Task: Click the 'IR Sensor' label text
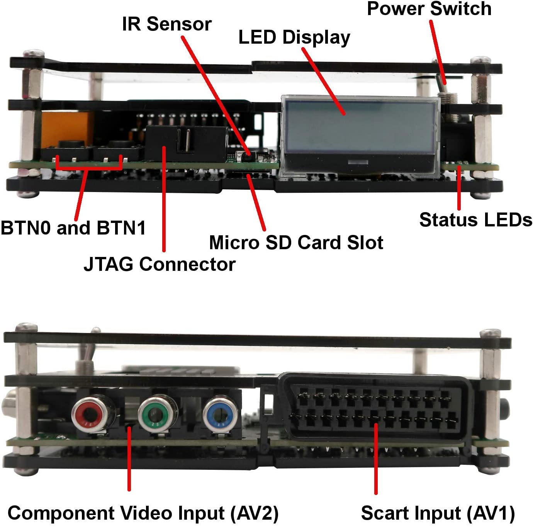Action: (166, 24)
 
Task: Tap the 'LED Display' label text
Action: (294, 37)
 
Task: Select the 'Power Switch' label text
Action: (429, 8)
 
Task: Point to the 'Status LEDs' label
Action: (475, 220)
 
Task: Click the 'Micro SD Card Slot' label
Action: (296, 243)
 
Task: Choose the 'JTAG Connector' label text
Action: (160, 264)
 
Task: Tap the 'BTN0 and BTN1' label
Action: (73, 228)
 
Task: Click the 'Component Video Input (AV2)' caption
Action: (143, 513)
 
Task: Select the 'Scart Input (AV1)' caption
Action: (438, 513)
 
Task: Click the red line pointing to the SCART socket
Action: (376, 460)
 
